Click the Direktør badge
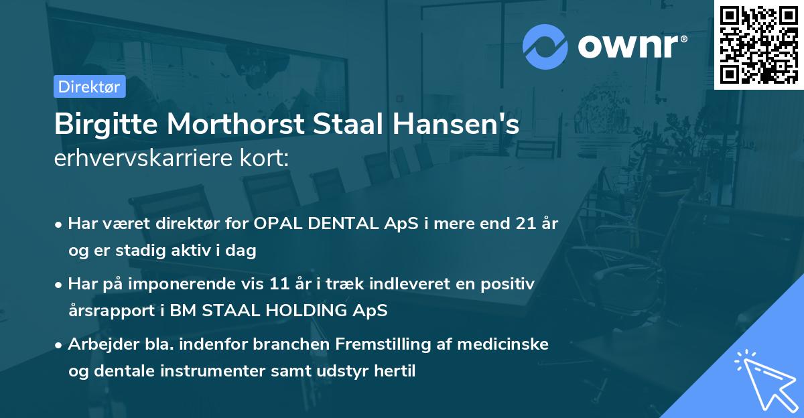(x=89, y=86)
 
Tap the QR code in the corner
(x=758, y=44)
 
